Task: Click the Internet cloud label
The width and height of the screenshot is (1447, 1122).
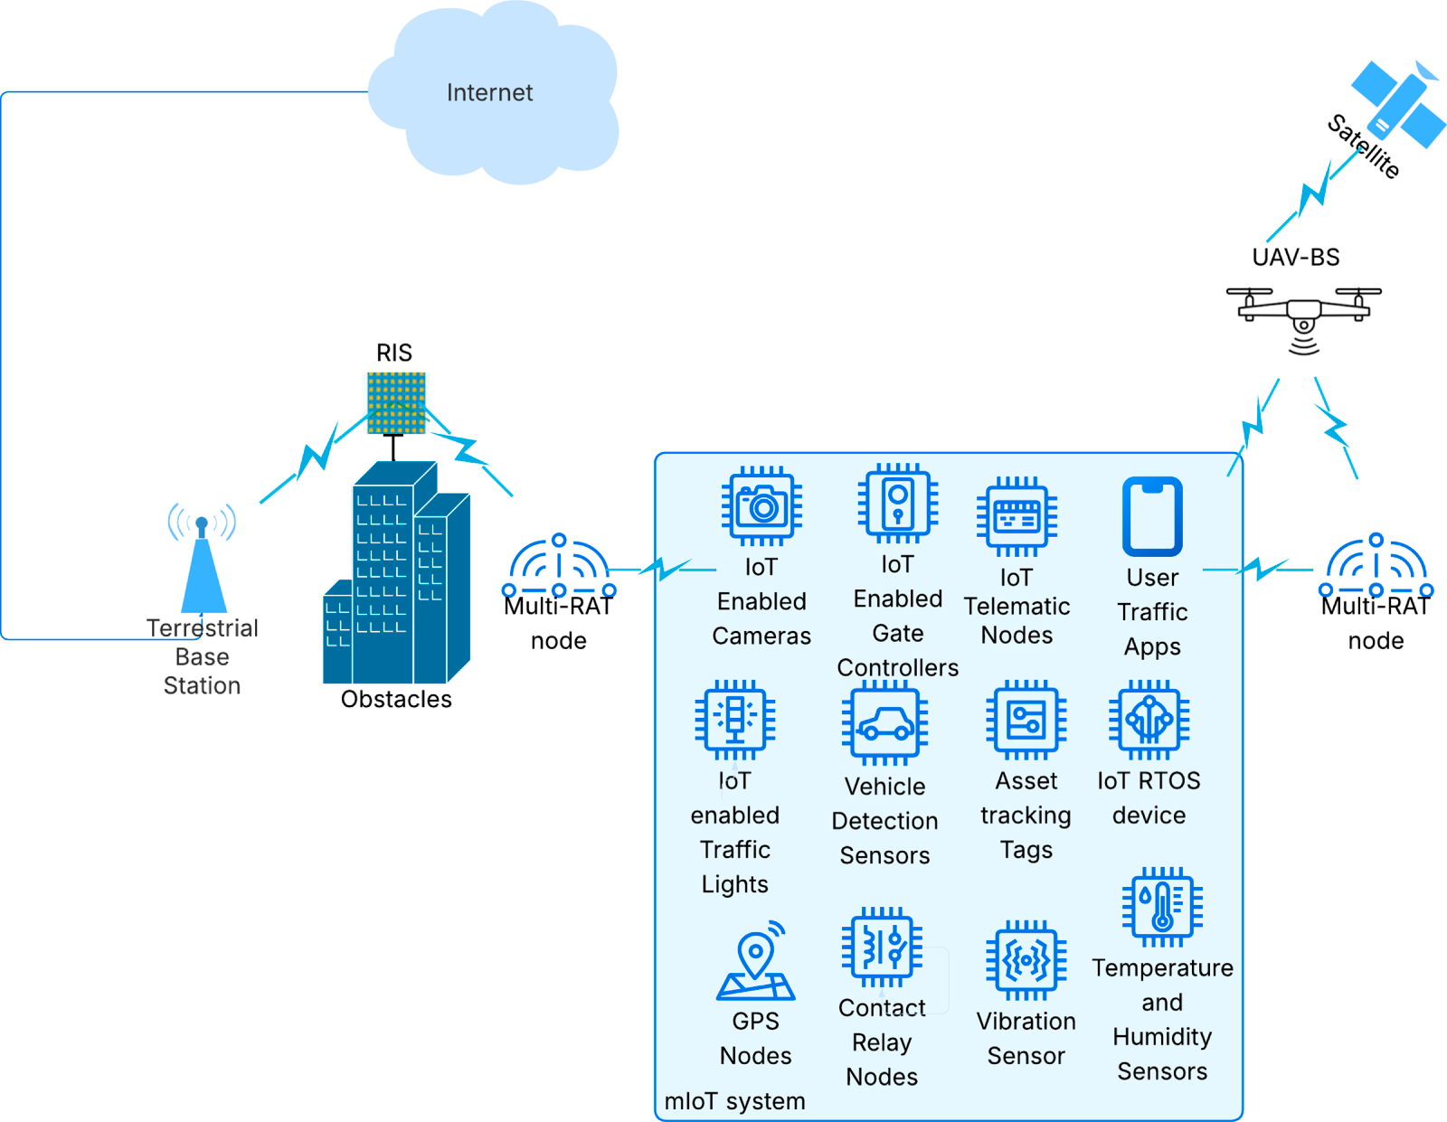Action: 489,92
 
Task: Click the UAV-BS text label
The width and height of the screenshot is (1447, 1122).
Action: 1295,257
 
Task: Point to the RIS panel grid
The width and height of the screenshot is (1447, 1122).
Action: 396,402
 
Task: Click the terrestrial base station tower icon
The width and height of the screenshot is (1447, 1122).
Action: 203,558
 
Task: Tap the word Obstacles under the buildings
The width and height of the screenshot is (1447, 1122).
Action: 396,699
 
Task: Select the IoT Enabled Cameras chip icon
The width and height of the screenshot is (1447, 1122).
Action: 761,505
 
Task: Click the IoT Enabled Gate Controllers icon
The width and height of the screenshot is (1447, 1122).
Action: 898,503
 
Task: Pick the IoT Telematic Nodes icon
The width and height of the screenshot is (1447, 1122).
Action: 1017,516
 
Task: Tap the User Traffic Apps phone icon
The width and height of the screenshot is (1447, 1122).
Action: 1152,516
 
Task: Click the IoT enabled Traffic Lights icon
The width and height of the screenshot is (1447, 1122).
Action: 734,720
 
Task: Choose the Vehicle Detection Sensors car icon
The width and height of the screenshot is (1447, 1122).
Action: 884,722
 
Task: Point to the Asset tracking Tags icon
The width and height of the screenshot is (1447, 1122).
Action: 1026,720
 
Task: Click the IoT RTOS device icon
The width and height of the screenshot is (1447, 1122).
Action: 1149,720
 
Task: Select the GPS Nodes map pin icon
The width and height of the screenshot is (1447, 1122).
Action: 755,960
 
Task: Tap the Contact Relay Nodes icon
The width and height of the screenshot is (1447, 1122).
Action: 882,947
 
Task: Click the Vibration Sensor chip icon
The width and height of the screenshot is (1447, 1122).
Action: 1026,960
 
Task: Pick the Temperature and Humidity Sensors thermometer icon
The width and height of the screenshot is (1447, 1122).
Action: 1162,907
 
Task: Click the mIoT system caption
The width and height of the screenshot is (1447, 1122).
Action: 734,1101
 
